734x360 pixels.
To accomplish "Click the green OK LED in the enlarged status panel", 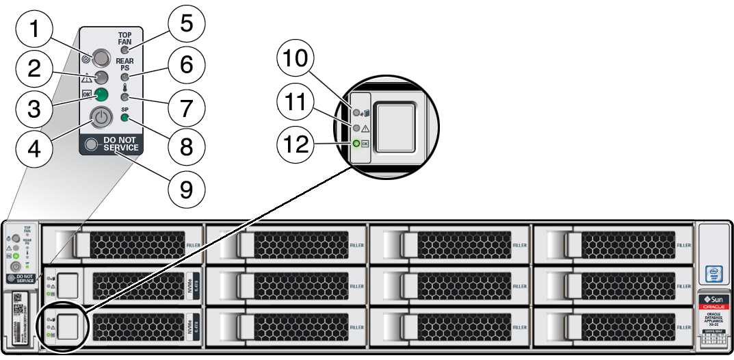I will point(101,94).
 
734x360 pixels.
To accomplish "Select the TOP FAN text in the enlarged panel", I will point(125,38).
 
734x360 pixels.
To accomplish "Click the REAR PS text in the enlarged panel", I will point(125,64).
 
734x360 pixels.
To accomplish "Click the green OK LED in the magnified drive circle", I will point(356,144).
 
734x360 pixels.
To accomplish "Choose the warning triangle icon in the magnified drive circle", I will point(366,128).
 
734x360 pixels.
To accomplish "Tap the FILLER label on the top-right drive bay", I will point(683,244).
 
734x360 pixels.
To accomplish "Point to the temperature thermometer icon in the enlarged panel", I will point(125,87).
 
